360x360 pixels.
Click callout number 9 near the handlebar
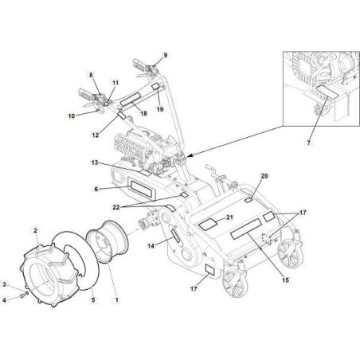tap(166, 55)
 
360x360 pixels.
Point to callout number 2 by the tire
tap(35, 229)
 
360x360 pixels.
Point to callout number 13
tap(94, 162)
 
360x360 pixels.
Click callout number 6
tap(96, 189)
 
